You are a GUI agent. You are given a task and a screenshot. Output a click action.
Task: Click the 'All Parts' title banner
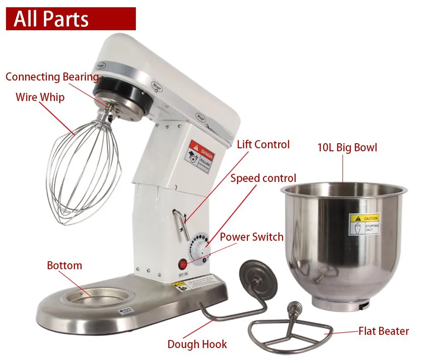(x=71, y=19)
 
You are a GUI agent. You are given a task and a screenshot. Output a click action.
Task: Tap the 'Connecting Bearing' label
(x=52, y=77)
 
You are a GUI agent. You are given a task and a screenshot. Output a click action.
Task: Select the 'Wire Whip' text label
(x=40, y=97)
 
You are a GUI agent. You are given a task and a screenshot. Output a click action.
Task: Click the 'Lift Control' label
(x=263, y=144)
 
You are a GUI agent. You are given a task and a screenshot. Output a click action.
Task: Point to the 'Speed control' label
(x=263, y=178)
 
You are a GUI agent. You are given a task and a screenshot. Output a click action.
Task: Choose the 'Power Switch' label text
(x=251, y=237)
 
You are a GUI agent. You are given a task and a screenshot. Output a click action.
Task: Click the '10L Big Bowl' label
(x=347, y=148)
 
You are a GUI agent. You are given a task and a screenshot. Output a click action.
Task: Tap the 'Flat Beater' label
(x=383, y=331)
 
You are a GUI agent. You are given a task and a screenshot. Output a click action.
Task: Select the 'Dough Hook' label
(x=197, y=344)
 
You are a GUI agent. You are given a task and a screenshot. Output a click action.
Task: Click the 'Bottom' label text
(x=64, y=265)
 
